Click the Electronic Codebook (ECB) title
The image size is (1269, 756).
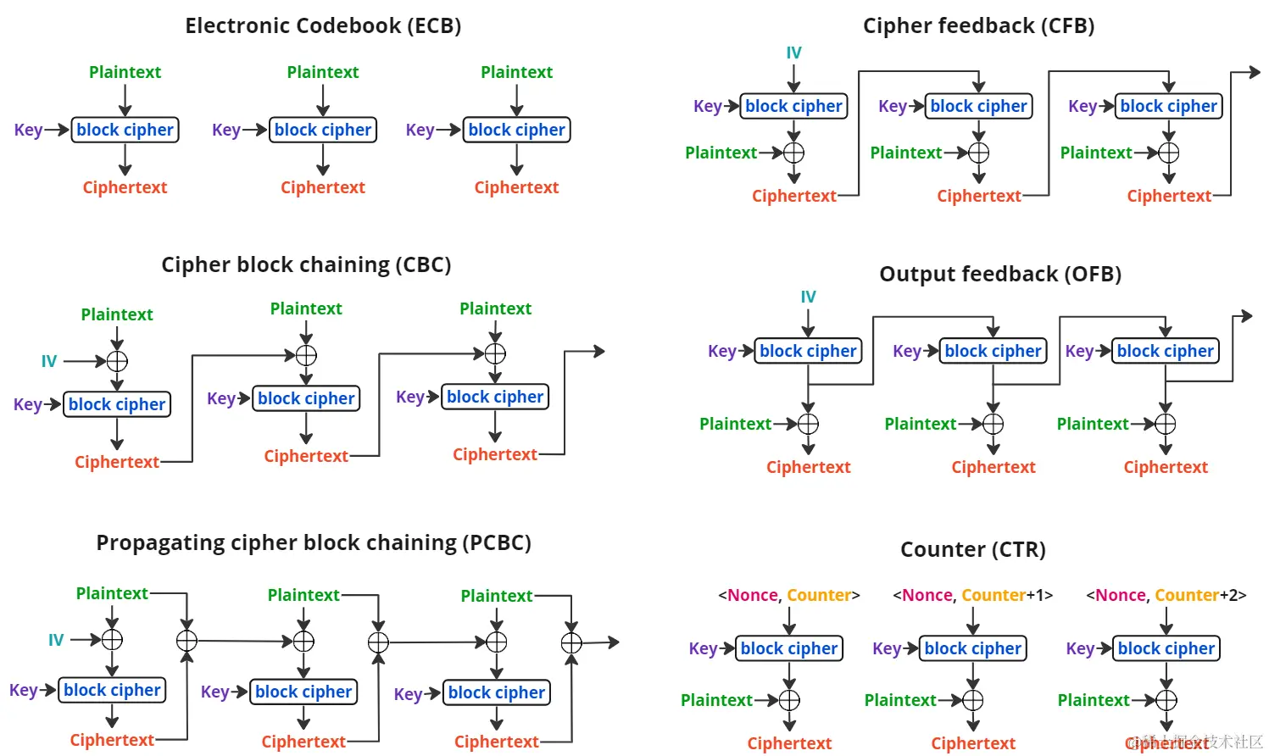coord(323,25)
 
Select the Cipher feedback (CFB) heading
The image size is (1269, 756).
coord(978,25)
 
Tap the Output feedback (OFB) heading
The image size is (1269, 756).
coord(1000,274)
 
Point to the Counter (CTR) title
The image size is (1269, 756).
coord(972,549)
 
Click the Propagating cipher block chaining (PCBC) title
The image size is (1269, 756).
coord(313,542)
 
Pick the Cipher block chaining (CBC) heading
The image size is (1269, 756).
coord(306,264)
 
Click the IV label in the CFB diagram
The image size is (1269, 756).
coord(793,53)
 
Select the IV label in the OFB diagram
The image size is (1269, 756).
coord(808,297)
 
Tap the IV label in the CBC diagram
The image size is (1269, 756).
coord(49,361)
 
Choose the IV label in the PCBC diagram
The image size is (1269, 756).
coord(56,640)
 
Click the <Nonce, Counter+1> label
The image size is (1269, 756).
coord(972,595)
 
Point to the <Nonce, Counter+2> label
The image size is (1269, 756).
coord(1166,595)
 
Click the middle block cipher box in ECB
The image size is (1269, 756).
coord(323,130)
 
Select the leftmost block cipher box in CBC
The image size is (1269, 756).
coord(117,404)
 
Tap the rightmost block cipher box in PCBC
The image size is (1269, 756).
coord(497,692)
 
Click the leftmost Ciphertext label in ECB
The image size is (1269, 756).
coord(125,187)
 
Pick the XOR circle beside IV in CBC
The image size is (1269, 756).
coord(117,361)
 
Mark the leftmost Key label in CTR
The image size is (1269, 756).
coord(703,648)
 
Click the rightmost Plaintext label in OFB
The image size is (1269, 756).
coord(1093,424)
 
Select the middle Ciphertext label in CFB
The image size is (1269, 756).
coord(978,196)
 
